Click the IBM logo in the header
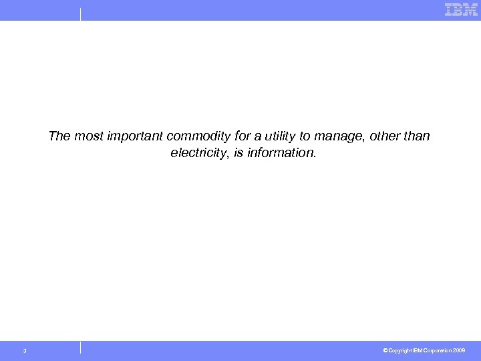[x=461, y=9]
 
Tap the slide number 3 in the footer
[x=25, y=351]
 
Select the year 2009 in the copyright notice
[x=459, y=350]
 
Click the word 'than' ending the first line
[x=416, y=136]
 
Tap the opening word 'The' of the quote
[x=59, y=136]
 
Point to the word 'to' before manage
[x=305, y=136]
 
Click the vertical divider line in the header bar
[x=80, y=14]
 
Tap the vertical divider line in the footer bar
[x=80, y=347]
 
